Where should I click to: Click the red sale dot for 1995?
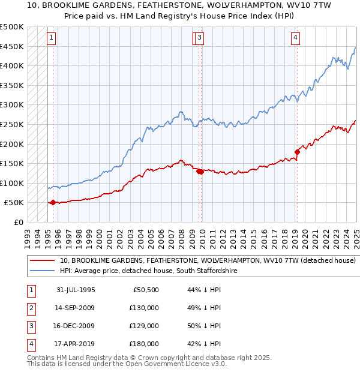[53, 202]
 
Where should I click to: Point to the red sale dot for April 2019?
[297, 152]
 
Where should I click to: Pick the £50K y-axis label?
[14, 202]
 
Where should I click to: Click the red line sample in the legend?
[42, 261]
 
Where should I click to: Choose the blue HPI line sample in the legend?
[42, 271]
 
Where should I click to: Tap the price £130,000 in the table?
[144, 308]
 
